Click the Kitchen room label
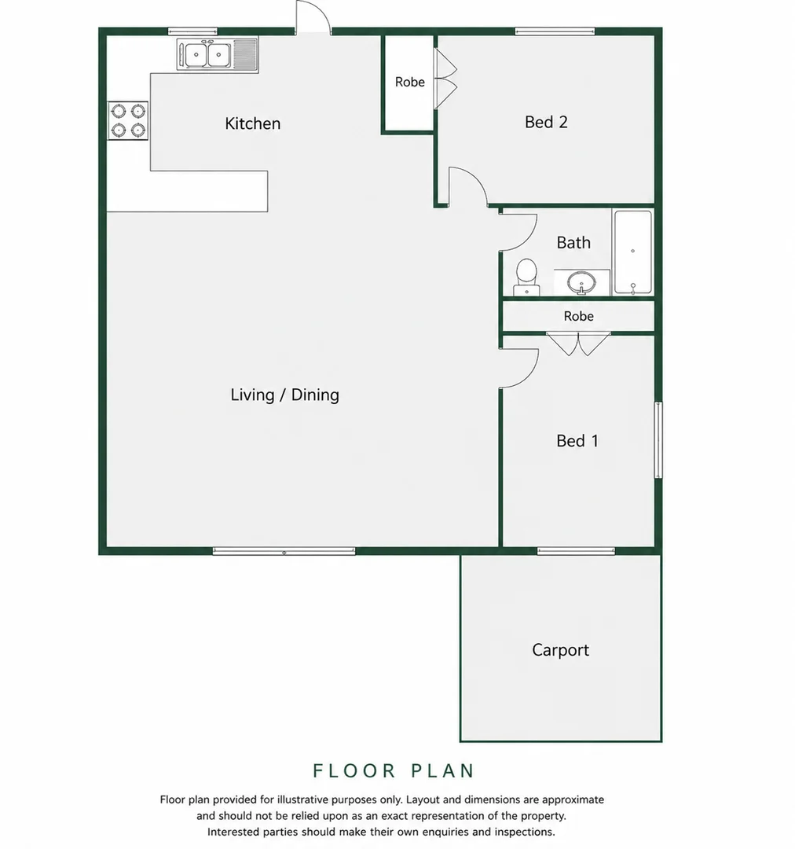pyautogui.click(x=253, y=123)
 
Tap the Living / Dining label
pyautogui.click(x=284, y=395)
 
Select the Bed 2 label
pyautogui.click(x=546, y=122)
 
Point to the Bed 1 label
pyautogui.click(x=577, y=441)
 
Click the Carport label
pyautogui.click(x=560, y=650)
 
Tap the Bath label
pyautogui.click(x=573, y=243)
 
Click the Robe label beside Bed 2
pyautogui.click(x=410, y=82)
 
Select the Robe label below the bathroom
pyautogui.click(x=578, y=316)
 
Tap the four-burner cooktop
pyautogui.click(x=128, y=121)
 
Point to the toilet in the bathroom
pyautogui.click(x=526, y=277)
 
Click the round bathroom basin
pyautogui.click(x=582, y=282)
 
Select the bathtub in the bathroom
pyautogui.click(x=632, y=252)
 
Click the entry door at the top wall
pyautogui.click(x=313, y=17)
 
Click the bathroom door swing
pyautogui.click(x=518, y=233)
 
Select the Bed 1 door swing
pyautogui.click(x=518, y=369)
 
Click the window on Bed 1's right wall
pyautogui.click(x=658, y=439)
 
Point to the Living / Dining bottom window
pyautogui.click(x=284, y=551)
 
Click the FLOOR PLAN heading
pyautogui.click(x=394, y=770)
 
